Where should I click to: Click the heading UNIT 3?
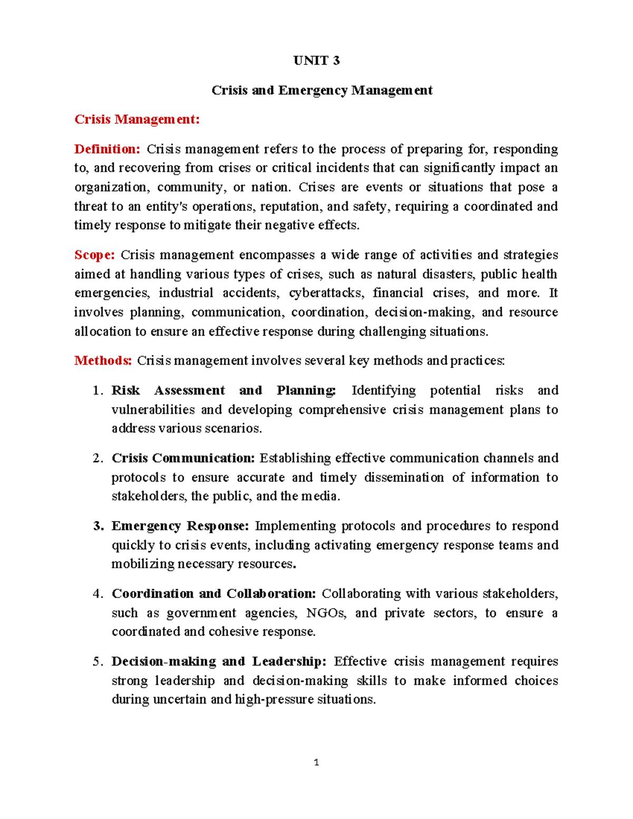316,61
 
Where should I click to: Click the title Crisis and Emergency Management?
322,90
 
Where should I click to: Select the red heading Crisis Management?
137,119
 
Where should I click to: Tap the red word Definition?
107,149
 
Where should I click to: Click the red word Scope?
94,255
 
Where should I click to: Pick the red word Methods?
103,361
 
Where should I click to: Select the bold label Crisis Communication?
183,458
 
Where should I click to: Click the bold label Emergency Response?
180,526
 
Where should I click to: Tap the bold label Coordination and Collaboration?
214,594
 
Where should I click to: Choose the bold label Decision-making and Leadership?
219,662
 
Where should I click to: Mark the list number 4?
97,594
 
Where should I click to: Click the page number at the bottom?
316,763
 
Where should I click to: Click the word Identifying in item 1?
383,391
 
